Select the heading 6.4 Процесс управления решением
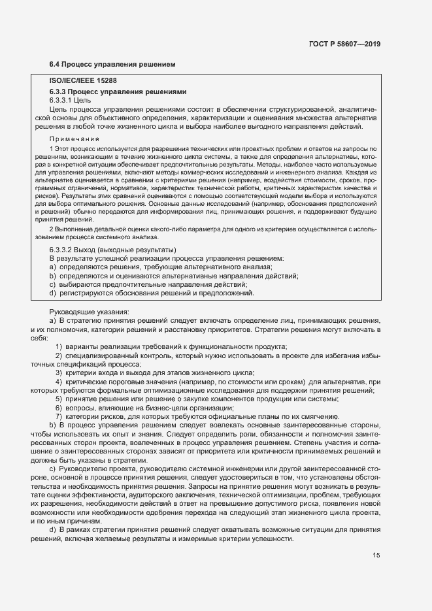click(x=112, y=64)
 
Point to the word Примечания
click(x=75, y=139)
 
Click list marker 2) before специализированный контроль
click(x=59, y=355)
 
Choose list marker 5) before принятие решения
click(x=59, y=399)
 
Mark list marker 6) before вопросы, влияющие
click(x=59, y=408)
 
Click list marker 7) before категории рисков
click(x=59, y=416)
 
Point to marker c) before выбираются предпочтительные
click(x=52, y=284)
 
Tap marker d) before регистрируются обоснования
click(x=52, y=293)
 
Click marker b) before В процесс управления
click(x=52, y=425)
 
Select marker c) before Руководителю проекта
click(x=52, y=469)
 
